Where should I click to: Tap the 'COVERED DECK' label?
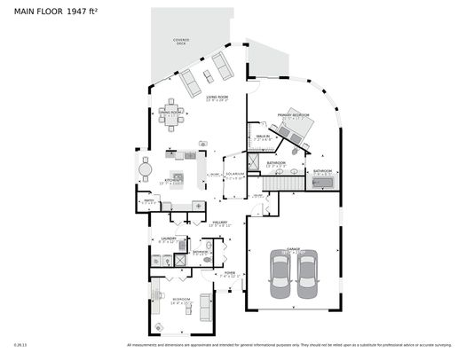coord(180,42)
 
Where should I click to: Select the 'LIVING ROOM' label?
coord(217,97)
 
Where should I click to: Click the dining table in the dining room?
coord(172,120)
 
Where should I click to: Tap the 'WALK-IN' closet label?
coord(263,136)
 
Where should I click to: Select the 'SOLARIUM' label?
coord(234,174)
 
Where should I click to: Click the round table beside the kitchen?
coord(146,167)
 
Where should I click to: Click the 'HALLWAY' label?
coord(219,223)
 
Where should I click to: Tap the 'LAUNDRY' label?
coord(167,239)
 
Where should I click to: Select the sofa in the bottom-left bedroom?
coord(207,307)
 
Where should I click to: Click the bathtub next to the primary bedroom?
coord(323,183)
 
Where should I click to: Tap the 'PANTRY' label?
coord(150,200)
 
